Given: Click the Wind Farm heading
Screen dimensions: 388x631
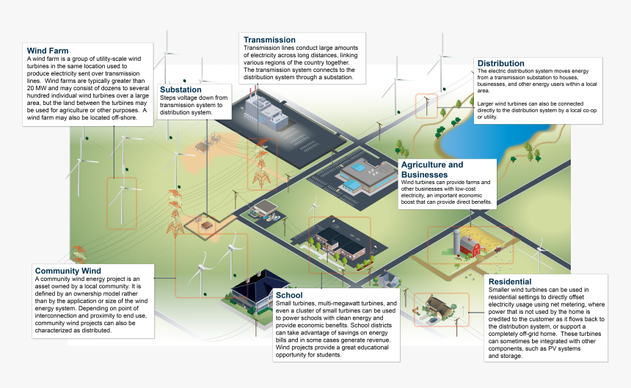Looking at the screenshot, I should [x=48, y=51].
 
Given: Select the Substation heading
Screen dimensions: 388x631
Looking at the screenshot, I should [x=180, y=89].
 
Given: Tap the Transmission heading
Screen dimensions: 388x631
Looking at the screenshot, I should [x=269, y=40].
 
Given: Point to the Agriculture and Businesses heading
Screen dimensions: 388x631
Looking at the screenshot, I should [x=432, y=170].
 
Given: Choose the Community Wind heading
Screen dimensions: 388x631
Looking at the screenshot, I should [x=68, y=271].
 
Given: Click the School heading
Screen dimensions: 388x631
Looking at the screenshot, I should [x=288, y=295].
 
